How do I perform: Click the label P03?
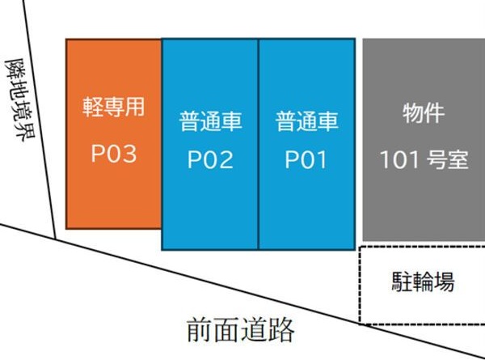[x=113, y=154]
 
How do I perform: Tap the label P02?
[x=210, y=159]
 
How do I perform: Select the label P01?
[x=306, y=159]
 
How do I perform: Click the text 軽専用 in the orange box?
[x=113, y=108]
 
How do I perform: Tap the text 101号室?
[x=424, y=159]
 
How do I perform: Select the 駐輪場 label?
[x=423, y=282]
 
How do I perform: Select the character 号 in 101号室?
[x=435, y=159]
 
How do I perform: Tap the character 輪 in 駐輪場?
[x=423, y=282]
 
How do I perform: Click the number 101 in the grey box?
[x=399, y=159]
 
